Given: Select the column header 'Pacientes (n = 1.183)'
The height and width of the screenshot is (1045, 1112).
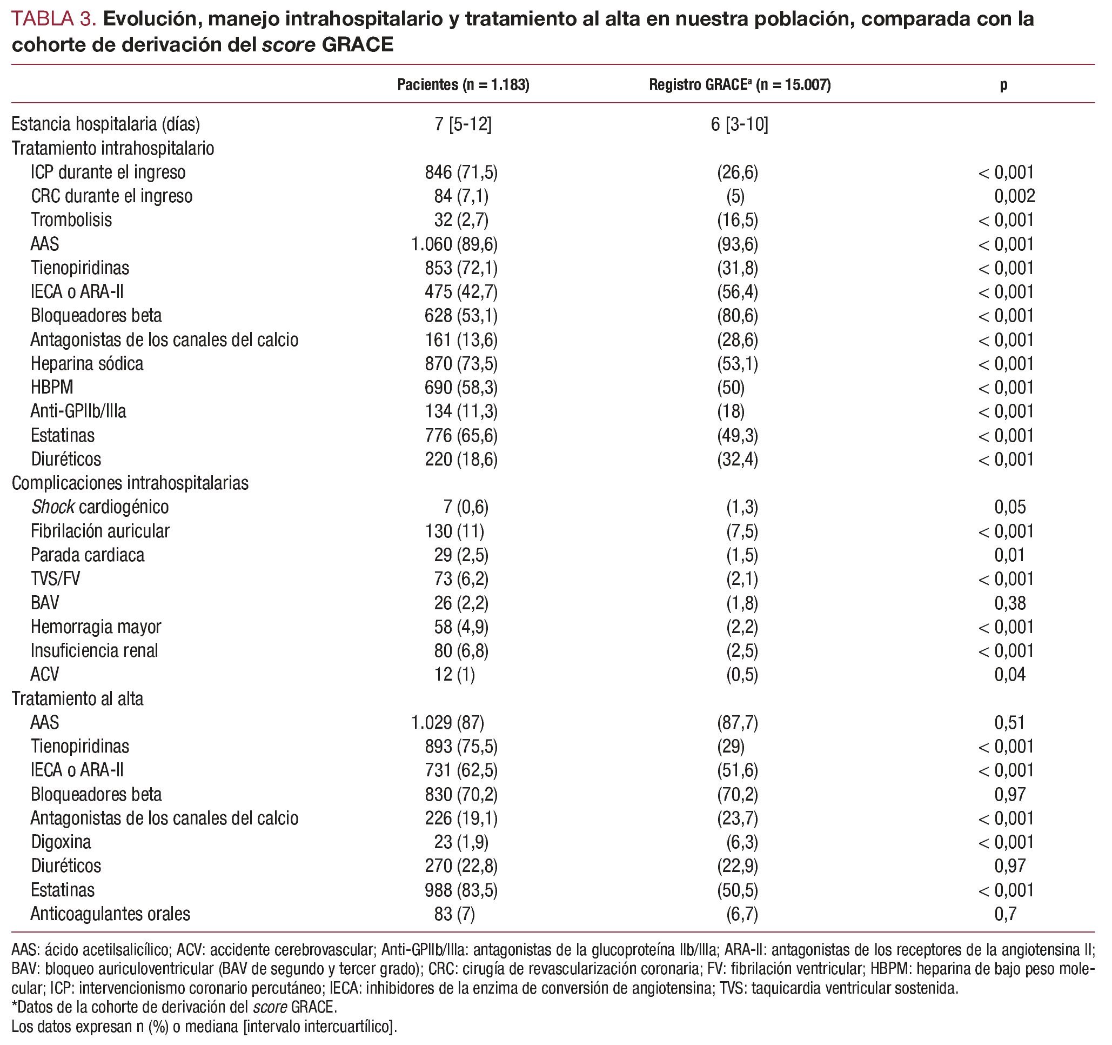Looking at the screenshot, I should point(463,84).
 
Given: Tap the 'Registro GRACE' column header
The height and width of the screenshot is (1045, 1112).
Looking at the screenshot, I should point(740,84).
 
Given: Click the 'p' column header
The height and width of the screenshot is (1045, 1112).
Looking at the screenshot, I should point(1003,84).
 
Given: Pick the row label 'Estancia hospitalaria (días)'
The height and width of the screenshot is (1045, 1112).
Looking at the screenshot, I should point(106,124).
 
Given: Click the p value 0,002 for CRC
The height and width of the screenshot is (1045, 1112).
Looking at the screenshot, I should point(1014,196).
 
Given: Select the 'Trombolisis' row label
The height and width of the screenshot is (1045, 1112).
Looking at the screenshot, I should point(72,220).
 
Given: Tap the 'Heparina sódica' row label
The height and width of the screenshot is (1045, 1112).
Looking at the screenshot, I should point(87,364).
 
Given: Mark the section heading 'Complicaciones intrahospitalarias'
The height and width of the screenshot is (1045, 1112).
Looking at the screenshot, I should point(130,483).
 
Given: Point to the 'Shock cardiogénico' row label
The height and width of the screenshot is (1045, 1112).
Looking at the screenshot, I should point(99,507).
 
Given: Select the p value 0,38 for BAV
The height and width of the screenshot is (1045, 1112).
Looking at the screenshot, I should point(1010,603).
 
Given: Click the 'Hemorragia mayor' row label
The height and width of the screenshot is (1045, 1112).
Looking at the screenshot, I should point(96,627).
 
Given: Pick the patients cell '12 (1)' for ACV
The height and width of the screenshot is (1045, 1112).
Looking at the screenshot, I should point(454,675).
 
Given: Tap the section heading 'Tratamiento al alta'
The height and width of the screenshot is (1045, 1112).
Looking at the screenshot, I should point(78,698).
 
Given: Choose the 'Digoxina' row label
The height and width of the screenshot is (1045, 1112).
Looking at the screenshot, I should point(61,842).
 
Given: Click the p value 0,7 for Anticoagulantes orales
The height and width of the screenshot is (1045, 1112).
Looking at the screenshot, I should point(1005,914).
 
